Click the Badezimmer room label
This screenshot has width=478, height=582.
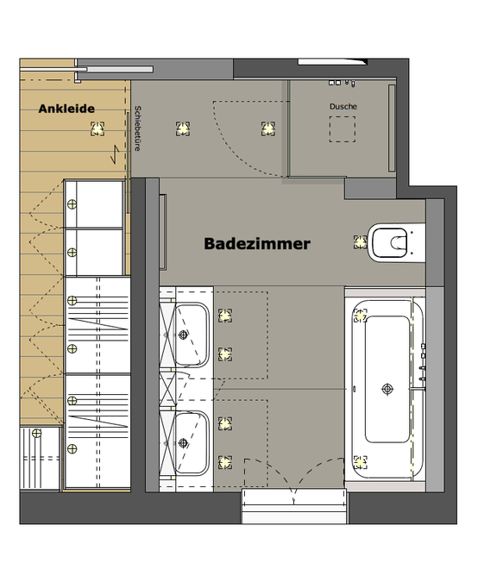[x=257, y=244]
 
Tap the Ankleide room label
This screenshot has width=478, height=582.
[x=66, y=109]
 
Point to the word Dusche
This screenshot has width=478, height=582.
[x=343, y=107]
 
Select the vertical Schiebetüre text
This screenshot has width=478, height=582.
[x=137, y=128]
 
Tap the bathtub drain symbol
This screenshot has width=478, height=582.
[x=387, y=389]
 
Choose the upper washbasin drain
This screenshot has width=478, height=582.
[x=183, y=335]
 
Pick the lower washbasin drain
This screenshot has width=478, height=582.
[x=183, y=442]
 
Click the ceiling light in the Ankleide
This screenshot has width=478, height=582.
[x=97, y=128]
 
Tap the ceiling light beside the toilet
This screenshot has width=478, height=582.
[x=361, y=242]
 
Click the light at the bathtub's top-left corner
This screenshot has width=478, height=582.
[x=361, y=316]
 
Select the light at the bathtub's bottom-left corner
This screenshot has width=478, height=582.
[x=361, y=462]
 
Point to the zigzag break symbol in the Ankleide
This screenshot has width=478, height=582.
[x=115, y=154]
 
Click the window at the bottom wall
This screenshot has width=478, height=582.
[x=294, y=506]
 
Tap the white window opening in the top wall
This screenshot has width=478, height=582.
[x=332, y=61]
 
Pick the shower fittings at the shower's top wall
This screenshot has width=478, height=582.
[x=342, y=83]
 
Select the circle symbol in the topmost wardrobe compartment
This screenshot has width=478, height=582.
[x=72, y=204]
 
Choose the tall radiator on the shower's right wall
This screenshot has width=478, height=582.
[x=392, y=128]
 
